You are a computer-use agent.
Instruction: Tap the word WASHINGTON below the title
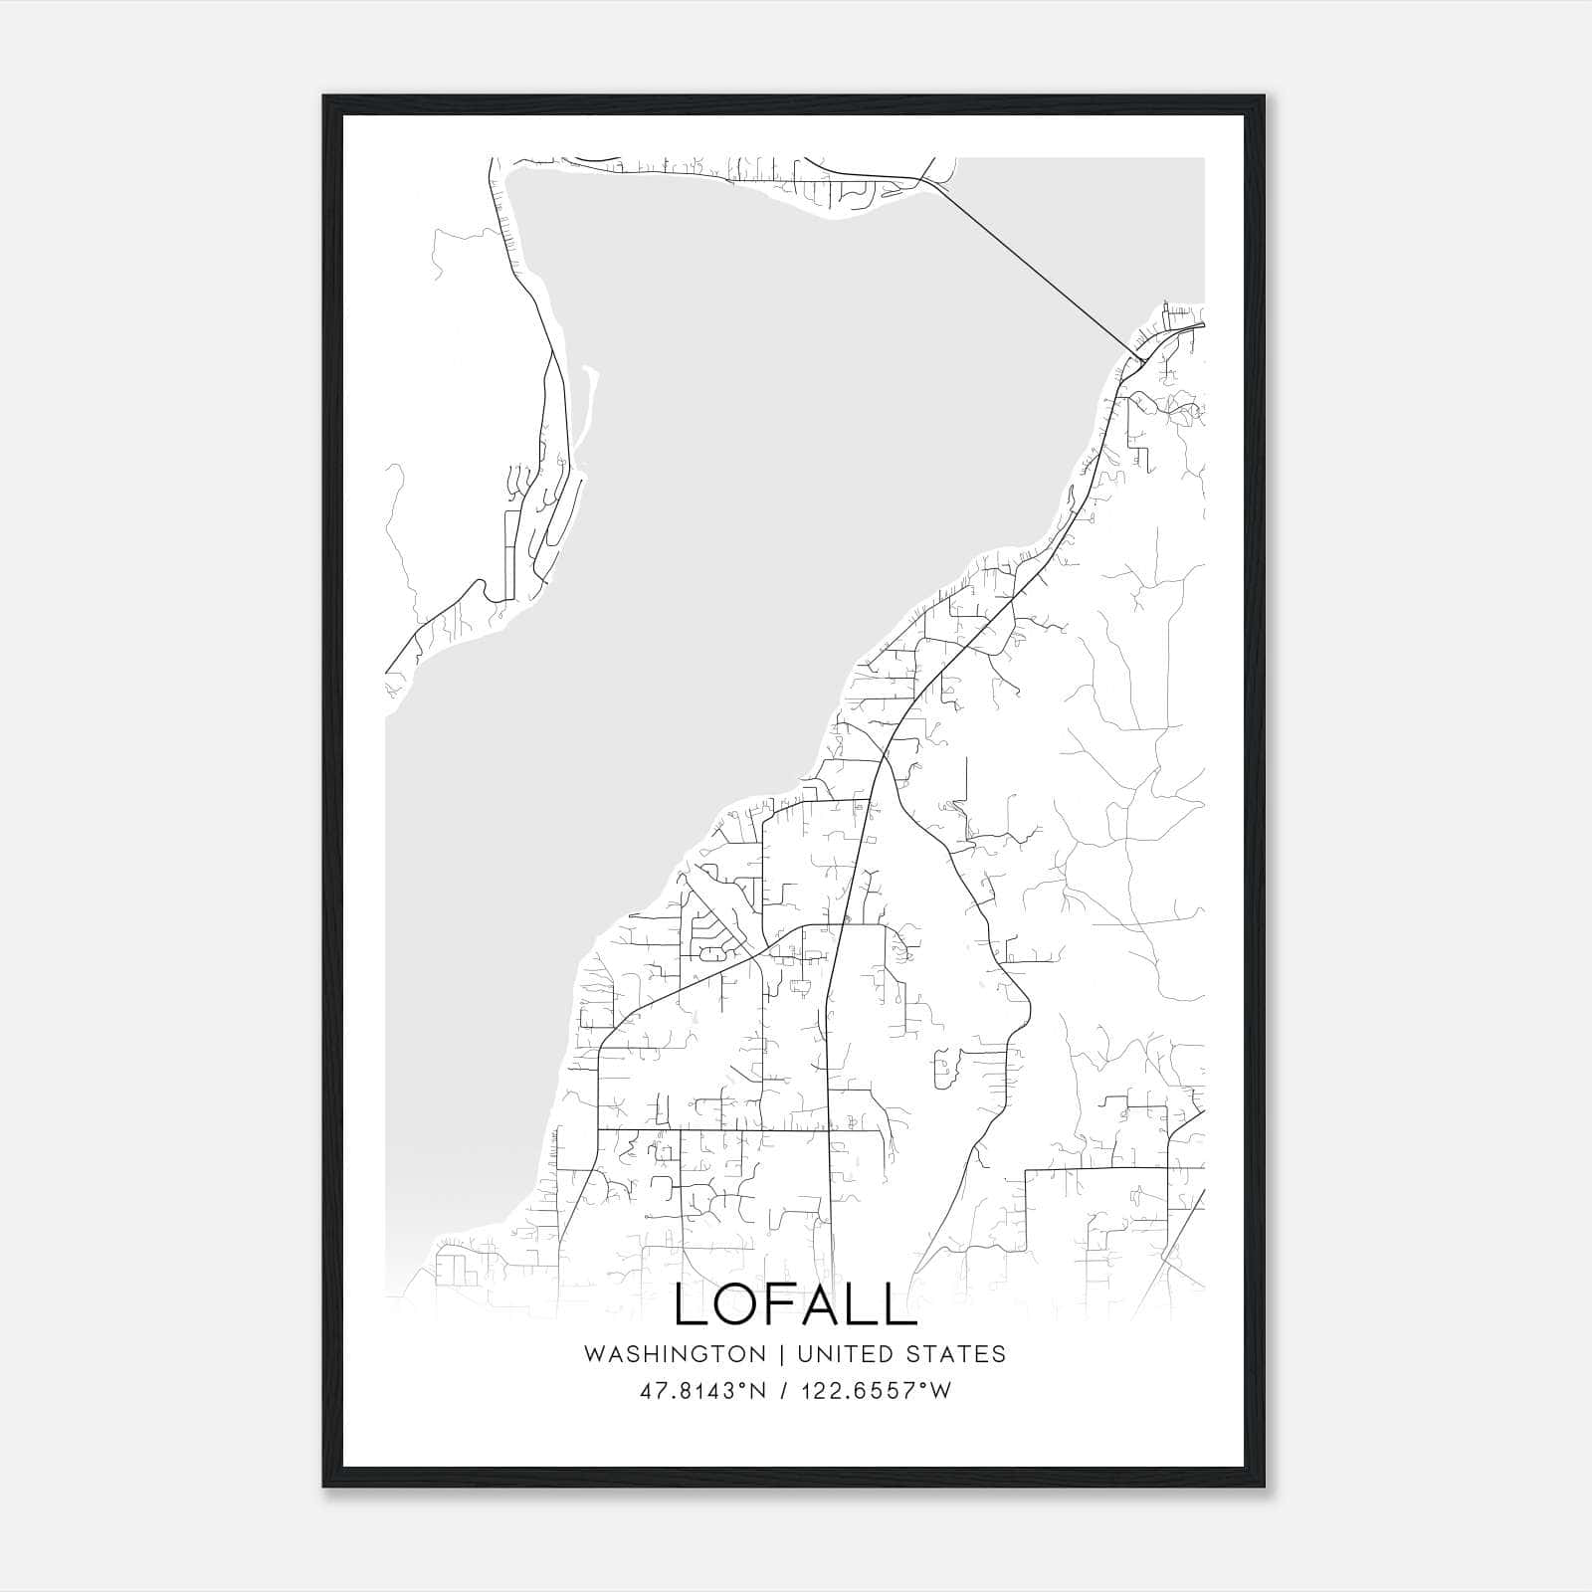click(x=675, y=1354)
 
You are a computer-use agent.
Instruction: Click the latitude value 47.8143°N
click(x=702, y=1391)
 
